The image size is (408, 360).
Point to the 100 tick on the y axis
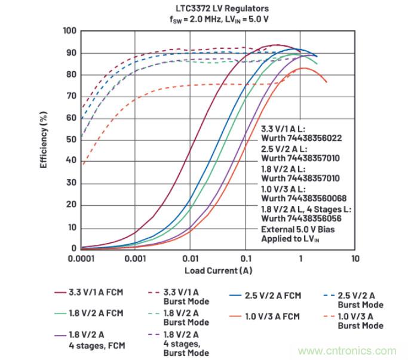[x=70, y=31]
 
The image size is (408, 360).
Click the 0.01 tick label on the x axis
[x=190, y=259]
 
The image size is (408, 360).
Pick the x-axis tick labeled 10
[x=355, y=259]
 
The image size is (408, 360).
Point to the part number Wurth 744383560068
[x=304, y=198]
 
